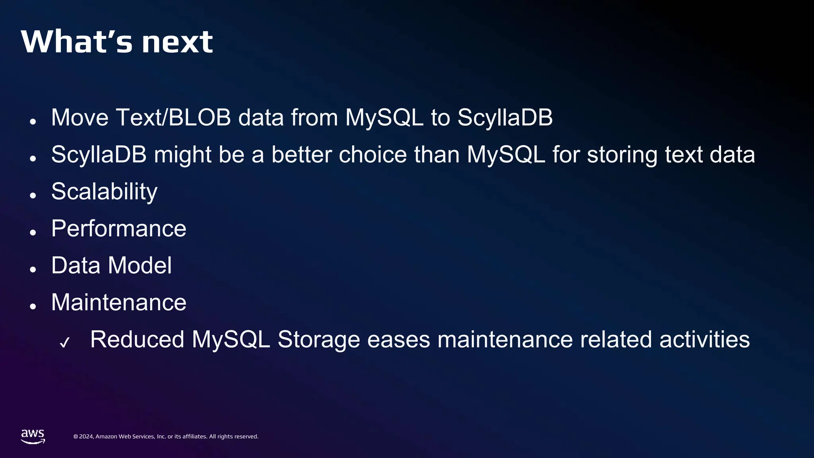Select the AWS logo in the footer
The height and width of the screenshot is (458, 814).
(x=33, y=436)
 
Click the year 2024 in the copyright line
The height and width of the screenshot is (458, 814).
(x=86, y=437)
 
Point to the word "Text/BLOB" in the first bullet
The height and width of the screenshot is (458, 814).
(x=173, y=118)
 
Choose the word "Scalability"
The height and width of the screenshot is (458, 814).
(x=105, y=192)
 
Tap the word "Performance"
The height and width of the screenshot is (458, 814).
(x=119, y=229)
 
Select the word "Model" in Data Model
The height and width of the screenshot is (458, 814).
(x=140, y=266)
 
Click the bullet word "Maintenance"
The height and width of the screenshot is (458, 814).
(x=119, y=303)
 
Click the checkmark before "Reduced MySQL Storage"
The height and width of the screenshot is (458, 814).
(x=64, y=342)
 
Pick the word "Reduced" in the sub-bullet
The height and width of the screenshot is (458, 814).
(x=137, y=340)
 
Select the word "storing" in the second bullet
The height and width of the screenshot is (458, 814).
(x=622, y=155)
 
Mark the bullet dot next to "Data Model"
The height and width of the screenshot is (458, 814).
(x=33, y=270)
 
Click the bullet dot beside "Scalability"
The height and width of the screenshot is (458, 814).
(x=33, y=196)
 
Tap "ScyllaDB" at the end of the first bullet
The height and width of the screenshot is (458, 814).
(x=505, y=118)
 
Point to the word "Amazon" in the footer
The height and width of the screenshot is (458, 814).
(x=107, y=437)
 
